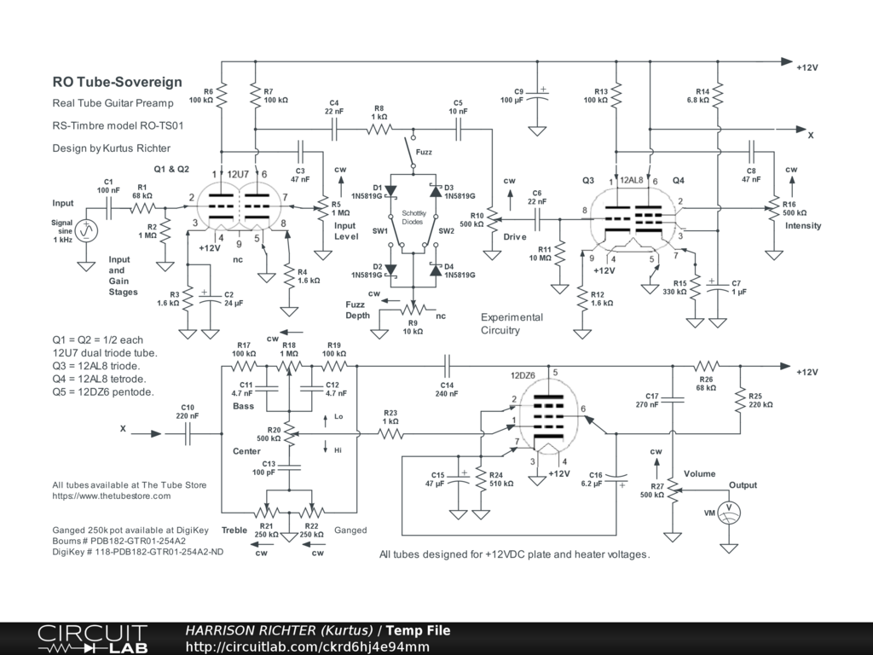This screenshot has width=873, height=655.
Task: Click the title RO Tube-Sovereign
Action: click(x=118, y=82)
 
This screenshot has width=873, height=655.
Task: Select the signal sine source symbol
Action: click(x=87, y=230)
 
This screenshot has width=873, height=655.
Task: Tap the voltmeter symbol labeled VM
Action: click(x=729, y=513)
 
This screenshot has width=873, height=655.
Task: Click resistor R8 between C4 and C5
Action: click(x=379, y=130)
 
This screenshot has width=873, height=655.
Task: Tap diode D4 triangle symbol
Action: click(x=436, y=270)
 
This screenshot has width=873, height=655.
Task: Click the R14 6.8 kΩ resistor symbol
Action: click(x=718, y=96)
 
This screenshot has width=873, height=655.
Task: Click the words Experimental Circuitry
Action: click(x=512, y=323)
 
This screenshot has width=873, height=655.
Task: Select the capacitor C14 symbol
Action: click(x=447, y=366)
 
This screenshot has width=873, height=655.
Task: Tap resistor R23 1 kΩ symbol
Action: click(x=390, y=433)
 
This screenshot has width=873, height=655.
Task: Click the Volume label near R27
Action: click(x=699, y=473)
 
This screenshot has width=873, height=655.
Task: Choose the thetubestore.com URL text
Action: click(x=112, y=496)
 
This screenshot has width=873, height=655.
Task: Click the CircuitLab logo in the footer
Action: click(x=92, y=639)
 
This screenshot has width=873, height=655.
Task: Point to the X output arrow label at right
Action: click(x=811, y=136)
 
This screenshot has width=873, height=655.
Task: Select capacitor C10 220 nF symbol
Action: click(x=188, y=433)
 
